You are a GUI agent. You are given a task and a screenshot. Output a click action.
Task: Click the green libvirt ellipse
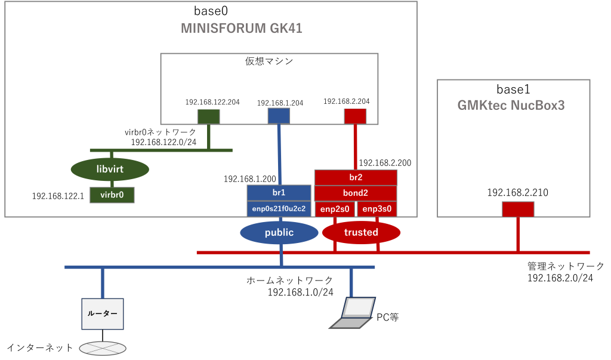click(110, 170)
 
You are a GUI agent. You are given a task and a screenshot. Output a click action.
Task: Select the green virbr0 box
click(112, 195)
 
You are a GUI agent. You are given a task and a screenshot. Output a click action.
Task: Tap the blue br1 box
click(279, 193)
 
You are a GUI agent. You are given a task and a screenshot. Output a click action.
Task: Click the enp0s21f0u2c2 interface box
click(279, 208)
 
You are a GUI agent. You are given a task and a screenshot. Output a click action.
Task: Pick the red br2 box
click(356, 177)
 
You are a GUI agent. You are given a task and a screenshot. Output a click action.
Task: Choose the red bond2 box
click(356, 193)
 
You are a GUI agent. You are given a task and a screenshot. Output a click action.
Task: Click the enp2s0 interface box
click(335, 209)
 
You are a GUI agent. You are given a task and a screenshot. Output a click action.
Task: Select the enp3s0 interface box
click(377, 209)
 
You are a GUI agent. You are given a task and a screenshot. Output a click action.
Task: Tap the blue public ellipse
click(279, 232)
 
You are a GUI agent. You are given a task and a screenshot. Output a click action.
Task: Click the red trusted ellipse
click(361, 232)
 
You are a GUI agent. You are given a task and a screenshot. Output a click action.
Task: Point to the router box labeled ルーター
click(103, 313)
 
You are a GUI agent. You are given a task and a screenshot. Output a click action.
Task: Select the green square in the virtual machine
click(209, 116)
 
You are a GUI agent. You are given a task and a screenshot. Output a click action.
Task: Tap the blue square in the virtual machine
click(279, 116)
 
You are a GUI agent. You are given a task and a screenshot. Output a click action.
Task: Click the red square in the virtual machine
click(355, 116)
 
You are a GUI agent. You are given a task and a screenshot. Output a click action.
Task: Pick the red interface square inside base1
click(517, 209)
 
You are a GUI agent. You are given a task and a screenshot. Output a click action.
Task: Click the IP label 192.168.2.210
click(517, 193)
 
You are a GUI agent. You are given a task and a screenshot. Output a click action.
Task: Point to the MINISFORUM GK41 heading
click(246, 28)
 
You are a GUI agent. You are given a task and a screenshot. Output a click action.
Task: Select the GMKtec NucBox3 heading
click(511, 106)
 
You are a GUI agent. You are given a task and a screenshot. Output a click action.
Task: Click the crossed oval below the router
click(102, 347)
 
